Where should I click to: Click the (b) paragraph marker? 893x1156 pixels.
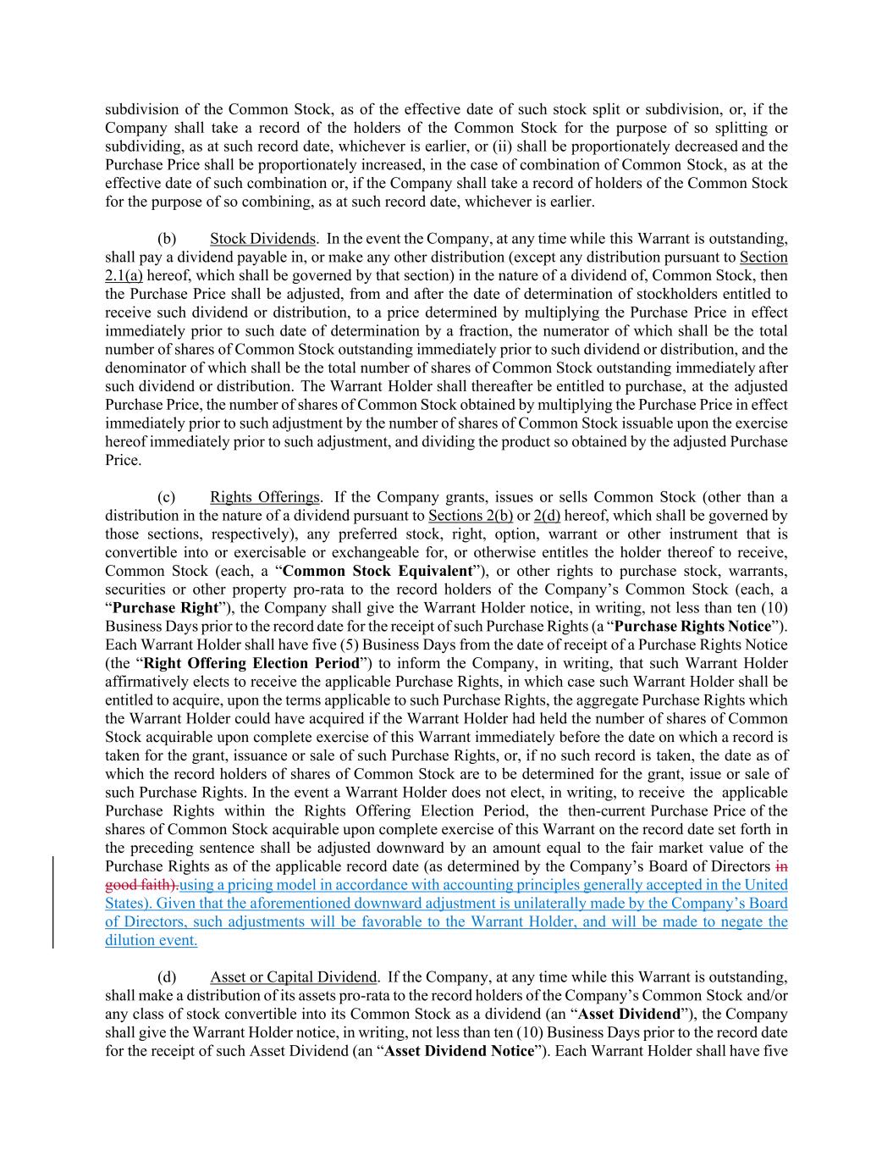coord(167,239)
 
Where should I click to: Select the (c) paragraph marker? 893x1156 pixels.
coord(166,497)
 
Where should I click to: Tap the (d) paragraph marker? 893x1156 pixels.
coord(167,977)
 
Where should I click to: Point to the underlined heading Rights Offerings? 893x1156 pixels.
coord(265,497)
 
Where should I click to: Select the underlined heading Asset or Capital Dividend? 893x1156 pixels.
coord(293,977)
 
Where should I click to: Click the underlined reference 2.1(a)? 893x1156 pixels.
coord(124,275)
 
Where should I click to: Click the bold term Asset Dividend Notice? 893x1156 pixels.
coord(459,1052)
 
